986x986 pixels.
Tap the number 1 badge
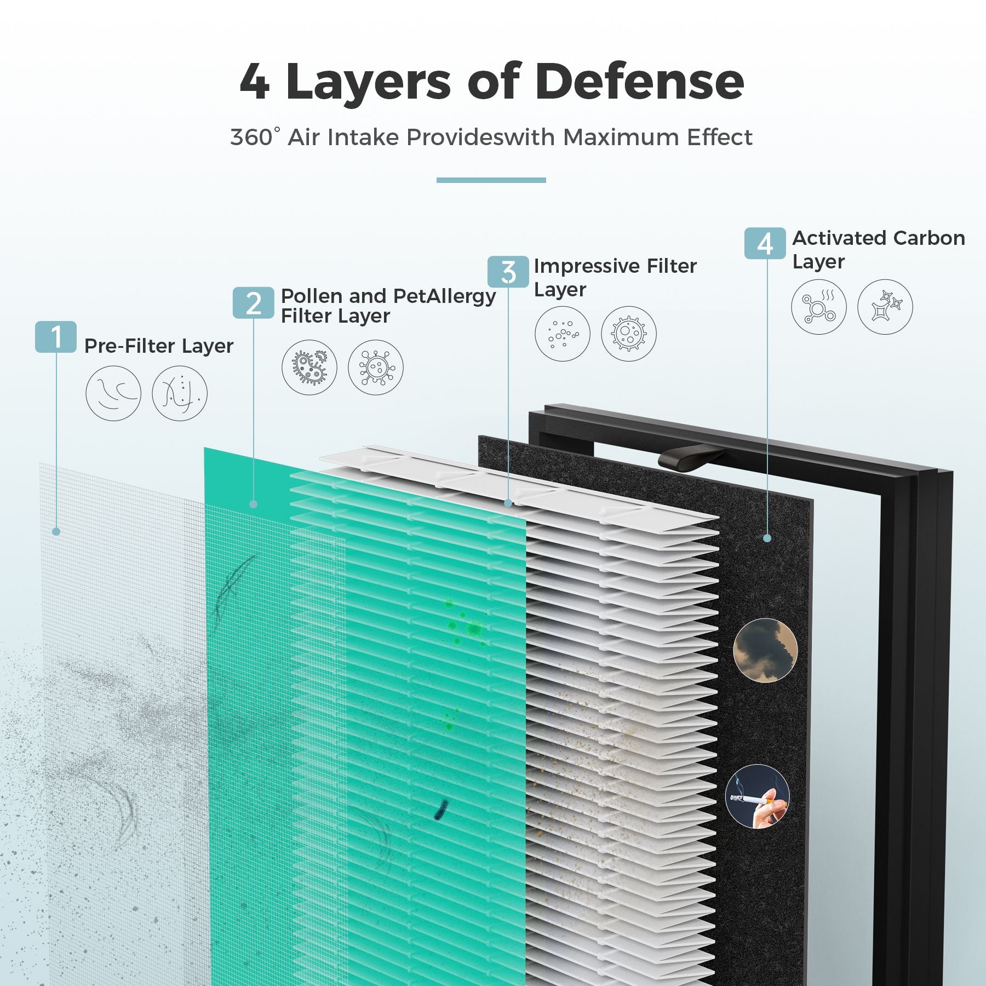(56, 336)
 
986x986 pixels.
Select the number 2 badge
(253, 302)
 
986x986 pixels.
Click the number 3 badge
(508, 272)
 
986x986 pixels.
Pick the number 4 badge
(765, 243)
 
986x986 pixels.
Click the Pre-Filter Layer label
(159, 346)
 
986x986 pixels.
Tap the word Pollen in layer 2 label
(312, 296)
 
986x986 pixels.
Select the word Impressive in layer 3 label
(587, 266)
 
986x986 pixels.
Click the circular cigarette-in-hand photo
(758, 796)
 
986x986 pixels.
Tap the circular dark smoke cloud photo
(765, 650)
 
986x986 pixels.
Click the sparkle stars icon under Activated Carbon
(885, 307)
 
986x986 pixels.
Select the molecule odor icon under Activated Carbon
(819, 307)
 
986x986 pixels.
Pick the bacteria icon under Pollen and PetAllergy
(309, 367)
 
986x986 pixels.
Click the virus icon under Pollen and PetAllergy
(376, 367)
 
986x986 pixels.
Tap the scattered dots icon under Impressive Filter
(563, 334)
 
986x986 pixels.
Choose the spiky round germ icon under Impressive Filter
(629, 334)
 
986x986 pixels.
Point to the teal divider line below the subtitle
(491, 180)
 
